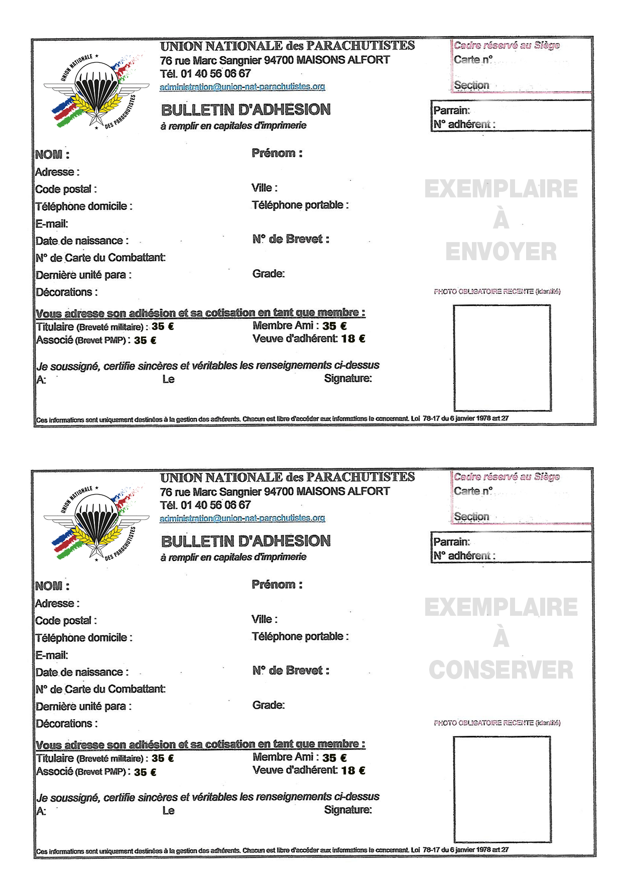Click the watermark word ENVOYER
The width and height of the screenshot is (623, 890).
click(x=501, y=252)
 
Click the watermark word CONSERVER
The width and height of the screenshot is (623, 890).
click(x=501, y=670)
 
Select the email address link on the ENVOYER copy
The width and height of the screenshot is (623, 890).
click(x=242, y=87)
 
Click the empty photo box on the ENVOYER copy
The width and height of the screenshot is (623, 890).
click(x=502, y=358)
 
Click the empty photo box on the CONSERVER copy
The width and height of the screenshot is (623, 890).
click(x=502, y=789)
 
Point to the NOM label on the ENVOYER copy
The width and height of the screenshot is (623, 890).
click(x=52, y=155)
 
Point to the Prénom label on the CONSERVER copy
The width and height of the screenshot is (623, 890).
click(x=277, y=585)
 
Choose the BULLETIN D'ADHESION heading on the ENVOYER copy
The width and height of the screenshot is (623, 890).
click(x=245, y=110)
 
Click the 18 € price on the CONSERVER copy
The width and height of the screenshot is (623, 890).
click(x=353, y=770)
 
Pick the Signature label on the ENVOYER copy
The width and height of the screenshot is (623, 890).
click(x=347, y=379)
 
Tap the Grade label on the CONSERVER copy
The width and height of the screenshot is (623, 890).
click(x=268, y=705)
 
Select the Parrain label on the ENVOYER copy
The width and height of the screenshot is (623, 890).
click(x=451, y=110)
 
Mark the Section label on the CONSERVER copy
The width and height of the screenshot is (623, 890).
click(x=471, y=517)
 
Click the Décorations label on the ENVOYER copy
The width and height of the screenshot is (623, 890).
click(x=66, y=292)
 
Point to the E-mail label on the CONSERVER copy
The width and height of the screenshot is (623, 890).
click(x=52, y=655)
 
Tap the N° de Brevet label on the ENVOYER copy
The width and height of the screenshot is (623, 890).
click(x=291, y=240)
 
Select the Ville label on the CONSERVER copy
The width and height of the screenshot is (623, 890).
click(x=264, y=619)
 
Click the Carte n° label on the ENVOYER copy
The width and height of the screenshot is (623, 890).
click(x=473, y=60)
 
